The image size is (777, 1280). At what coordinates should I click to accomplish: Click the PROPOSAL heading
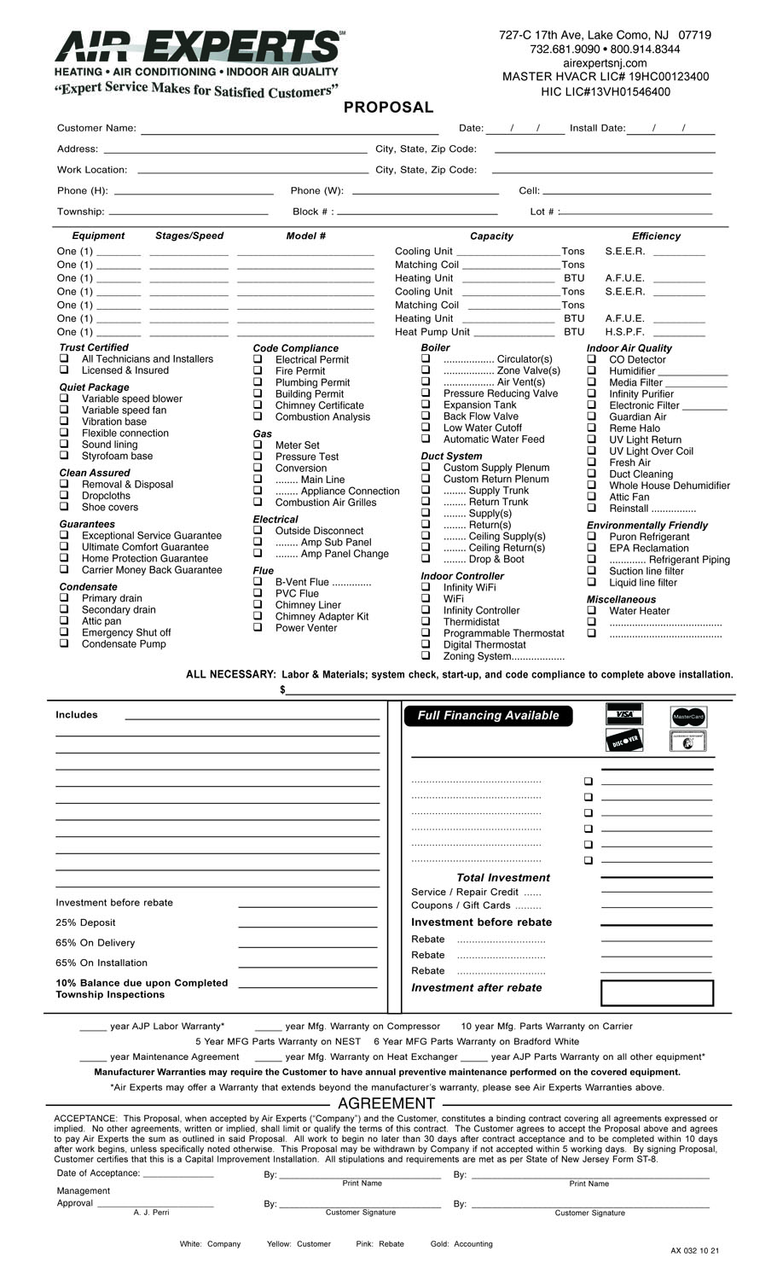pos(388,108)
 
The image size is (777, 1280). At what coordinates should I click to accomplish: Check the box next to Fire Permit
pos(258,371)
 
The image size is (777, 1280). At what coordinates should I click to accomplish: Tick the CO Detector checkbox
pos(591,359)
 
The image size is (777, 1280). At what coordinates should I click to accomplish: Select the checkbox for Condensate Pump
pos(64,644)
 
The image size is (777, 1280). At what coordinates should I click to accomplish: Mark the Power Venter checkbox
pos(258,628)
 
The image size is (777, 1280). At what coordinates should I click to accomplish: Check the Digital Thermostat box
pos(426,645)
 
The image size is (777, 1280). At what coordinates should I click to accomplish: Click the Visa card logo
pos(623,714)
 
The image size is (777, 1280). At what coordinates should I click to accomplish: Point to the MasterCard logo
pos(688,717)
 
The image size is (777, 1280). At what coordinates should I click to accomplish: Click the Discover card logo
pos(623,741)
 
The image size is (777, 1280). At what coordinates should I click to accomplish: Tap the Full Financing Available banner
pos(488,716)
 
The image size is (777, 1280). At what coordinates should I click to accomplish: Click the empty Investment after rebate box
pos(657,992)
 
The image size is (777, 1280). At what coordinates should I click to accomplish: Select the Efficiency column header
pos(656,236)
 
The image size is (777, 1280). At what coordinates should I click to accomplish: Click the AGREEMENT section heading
pos(386,1104)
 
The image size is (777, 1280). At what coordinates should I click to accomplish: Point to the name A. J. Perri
pos(151,1213)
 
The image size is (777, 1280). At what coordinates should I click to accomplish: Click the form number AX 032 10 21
pos(694,1251)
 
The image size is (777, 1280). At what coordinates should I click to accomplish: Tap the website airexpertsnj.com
pos(605,63)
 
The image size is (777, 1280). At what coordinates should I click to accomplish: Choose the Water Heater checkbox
pos(591,611)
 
